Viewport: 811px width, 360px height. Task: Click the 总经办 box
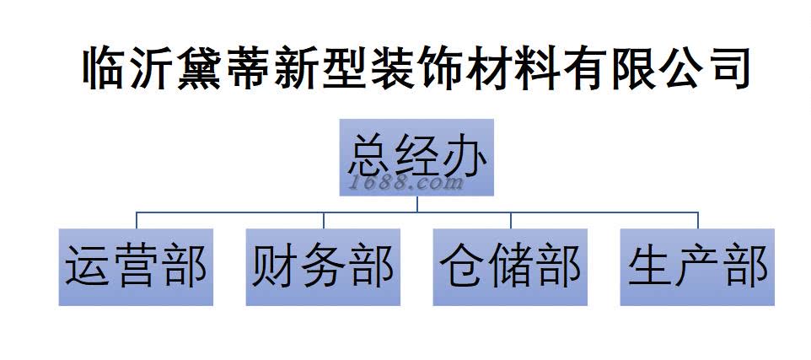click(x=416, y=159)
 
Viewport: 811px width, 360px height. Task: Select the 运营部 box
click(x=136, y=266)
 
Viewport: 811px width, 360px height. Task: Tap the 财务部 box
click(x=323, y=266)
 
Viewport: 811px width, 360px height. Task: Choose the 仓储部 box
click(x=510, y=266)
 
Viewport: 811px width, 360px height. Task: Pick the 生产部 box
click(x=697, y=266)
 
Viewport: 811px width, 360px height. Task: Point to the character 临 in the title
click(x=106, y=68)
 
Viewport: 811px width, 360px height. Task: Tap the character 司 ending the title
click(x=726, y=68)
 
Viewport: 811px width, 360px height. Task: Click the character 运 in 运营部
click(x=89, y=266)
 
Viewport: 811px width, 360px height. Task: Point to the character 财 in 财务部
click(x=276, y=266)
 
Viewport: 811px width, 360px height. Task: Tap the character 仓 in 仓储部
click(x=463, y=266)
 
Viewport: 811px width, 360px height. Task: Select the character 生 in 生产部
click(x=650, y=266)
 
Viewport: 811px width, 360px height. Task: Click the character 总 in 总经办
click(x=369, y=155)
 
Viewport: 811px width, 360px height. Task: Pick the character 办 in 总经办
click(x=464, y=155)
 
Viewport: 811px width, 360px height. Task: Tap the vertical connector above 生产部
click(x=697, y=220)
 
